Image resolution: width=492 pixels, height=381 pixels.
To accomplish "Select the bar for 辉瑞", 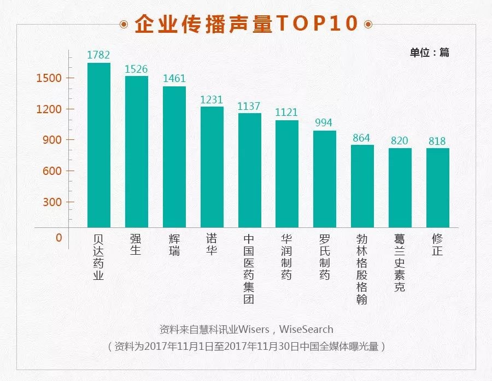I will click(174, 157).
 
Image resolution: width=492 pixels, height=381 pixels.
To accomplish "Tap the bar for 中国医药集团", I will click(249, 170).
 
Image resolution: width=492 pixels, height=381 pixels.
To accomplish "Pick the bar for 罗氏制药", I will click(325, 179).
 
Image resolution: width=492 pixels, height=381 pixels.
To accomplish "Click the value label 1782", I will click(99, 55).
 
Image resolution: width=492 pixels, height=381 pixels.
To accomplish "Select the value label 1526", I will click(137, 69).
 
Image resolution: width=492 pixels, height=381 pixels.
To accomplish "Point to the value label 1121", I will click(286, 112).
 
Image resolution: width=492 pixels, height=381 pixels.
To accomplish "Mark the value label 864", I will click(362, 138).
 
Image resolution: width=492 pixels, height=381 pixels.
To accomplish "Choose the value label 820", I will click(400, 140).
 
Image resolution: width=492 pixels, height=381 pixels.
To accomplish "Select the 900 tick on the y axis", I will click(52, 140).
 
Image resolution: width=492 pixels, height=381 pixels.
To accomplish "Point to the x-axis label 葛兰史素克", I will click(400, 263).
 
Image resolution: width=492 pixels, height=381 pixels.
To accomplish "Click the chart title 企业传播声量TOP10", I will click(246, 24).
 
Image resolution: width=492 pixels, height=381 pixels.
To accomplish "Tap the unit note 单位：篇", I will click(429, 52).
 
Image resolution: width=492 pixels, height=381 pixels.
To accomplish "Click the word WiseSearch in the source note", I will click(306, 330).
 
